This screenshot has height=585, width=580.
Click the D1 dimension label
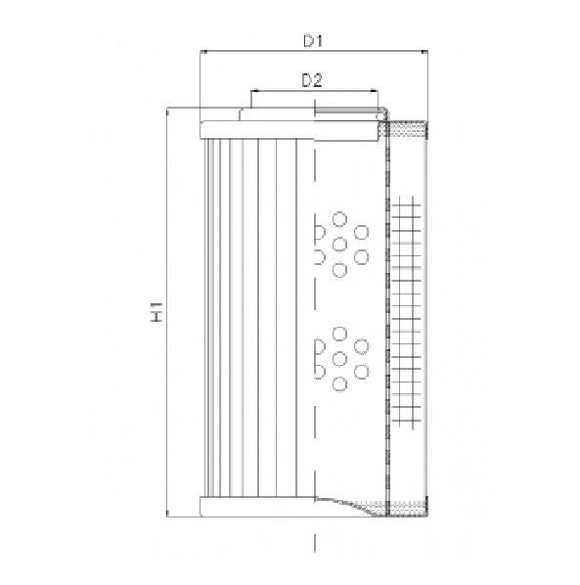pos(313,40)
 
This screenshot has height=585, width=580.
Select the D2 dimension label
pos(312,81)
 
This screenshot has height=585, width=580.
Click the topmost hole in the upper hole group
pos(339,219)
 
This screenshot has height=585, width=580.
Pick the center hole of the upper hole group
pos(339,244)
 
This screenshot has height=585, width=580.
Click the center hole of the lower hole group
pos(339,359)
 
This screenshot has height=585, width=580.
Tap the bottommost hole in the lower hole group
pos(339,383)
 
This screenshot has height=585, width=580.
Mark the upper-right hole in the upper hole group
pos(362,232)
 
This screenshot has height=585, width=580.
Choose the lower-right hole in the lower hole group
pos(362,372)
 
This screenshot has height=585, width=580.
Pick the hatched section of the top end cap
pos(409,128)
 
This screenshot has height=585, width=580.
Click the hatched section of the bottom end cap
pos(409,505)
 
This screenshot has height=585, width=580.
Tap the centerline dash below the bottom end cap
pos(314,541)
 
